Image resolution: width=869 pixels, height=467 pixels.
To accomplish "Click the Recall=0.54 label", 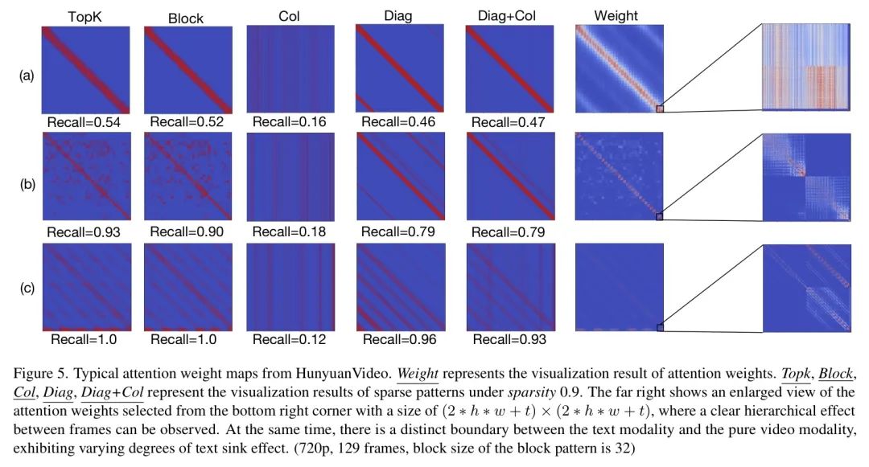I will click(x=83, y=122).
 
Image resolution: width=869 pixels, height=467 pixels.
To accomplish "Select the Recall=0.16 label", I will click(x=289, y=122).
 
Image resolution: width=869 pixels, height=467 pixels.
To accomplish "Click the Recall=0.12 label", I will click(x=289, y=340).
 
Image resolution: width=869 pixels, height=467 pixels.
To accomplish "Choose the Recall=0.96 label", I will click(x=398, y=340).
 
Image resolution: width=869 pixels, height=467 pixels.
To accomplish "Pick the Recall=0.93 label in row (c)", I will click(x=509, y=340).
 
